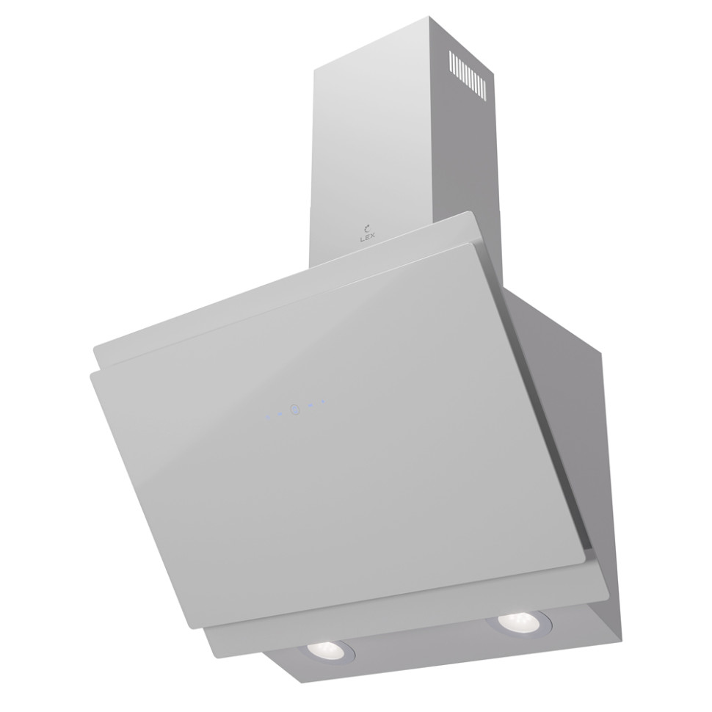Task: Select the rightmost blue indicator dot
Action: click(x=323, y=402)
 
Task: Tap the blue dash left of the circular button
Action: click(x=280, y=414)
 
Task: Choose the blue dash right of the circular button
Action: click(x=310, y=405)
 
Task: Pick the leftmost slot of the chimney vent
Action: click(x=450, y=62)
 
